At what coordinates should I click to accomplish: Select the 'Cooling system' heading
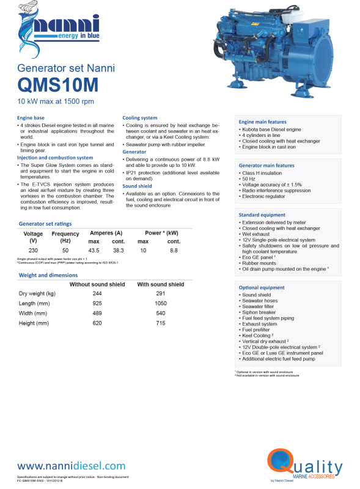140,117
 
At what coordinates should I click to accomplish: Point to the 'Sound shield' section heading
138,185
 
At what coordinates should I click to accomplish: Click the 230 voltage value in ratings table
33,251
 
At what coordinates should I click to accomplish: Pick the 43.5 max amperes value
94,251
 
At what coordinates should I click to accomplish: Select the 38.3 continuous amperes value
119,251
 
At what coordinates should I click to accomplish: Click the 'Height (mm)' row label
34,323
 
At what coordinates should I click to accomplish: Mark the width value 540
160,313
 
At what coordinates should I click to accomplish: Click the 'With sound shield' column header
160,285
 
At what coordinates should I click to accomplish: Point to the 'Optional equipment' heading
262,287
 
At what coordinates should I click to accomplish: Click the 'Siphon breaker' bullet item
260,312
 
